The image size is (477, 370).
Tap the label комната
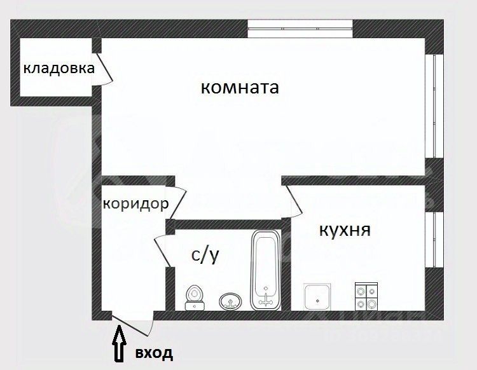[240, 88]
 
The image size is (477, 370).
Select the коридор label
[135, 204]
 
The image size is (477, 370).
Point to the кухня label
[344, 230]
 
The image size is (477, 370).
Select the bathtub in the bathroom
[265, 270]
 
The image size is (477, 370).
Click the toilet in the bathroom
[195, 298]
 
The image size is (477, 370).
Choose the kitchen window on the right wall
[434, 240]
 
